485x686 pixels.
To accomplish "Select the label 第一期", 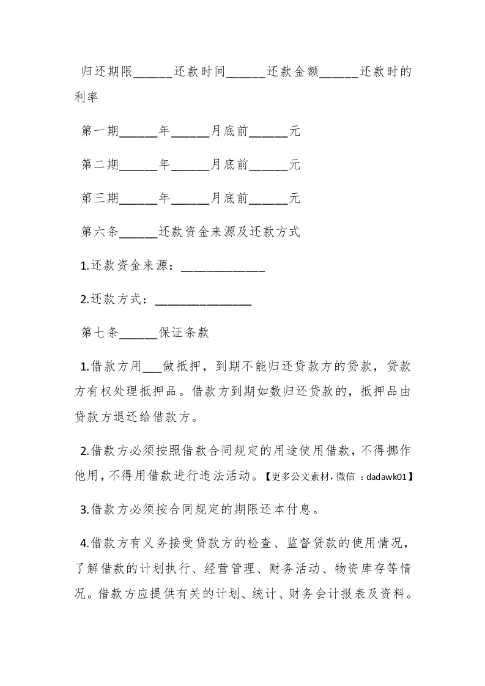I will [100, 131].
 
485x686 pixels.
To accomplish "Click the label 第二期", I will [100, 164].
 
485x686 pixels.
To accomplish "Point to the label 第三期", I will [100, 198].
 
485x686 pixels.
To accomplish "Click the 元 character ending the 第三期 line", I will [294, 198].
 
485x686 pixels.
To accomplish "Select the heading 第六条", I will [100, 232].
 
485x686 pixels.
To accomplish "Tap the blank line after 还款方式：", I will [204, 301].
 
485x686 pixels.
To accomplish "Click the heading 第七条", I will [100, 333].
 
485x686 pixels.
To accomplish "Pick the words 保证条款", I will [184, 333].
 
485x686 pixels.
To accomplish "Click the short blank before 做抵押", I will [152, 367].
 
